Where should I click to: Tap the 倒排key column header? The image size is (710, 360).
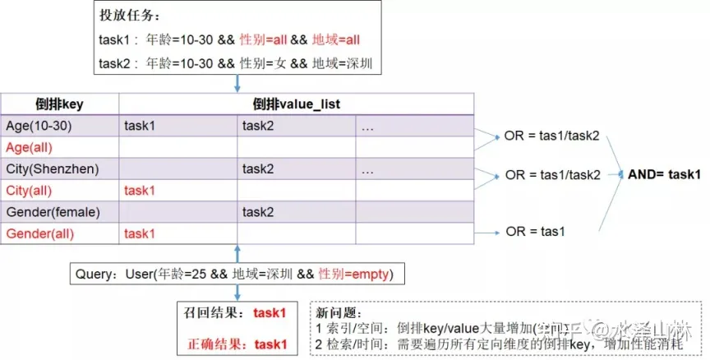59,104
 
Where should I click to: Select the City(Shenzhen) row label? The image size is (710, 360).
52,169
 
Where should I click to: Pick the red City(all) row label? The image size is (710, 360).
29,191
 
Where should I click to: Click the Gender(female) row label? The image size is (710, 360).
52,212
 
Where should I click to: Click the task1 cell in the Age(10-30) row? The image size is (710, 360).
141,126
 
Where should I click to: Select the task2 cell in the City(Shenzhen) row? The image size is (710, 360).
258,169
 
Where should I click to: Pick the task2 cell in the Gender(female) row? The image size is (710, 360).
258,212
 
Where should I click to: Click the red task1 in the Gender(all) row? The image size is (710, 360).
141,233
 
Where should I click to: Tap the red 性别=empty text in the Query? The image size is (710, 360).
355,273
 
